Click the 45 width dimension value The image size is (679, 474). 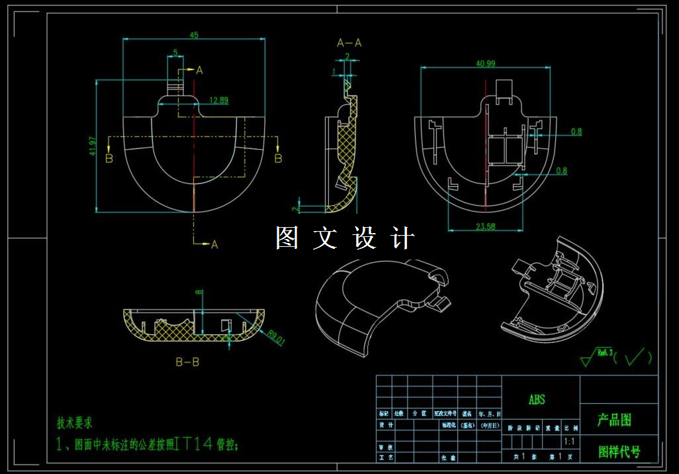[195, 35]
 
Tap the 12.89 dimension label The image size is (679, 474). [218, 101]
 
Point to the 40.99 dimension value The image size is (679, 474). [485, 64]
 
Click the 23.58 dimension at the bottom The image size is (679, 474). [485, 226]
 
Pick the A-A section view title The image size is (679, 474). [349, 43]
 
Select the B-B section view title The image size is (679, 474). [187, 362]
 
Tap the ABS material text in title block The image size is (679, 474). [537, 400]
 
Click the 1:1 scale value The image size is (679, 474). [568, 441]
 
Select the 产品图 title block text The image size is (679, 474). [615, 420]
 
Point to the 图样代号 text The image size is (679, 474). [619, 451]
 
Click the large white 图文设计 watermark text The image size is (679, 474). [345, 238]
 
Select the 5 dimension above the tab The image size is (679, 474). [175, 52]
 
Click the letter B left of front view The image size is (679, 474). [109, 158]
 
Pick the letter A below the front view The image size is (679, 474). [214, 245]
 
